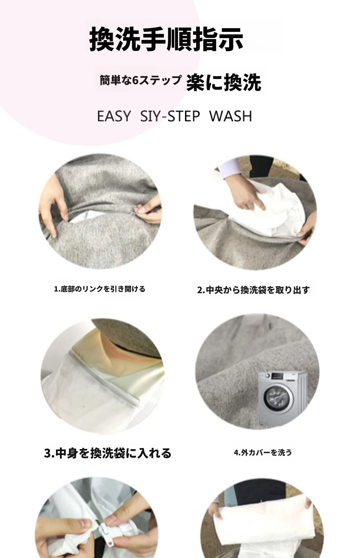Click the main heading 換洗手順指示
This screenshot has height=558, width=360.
[166, 39]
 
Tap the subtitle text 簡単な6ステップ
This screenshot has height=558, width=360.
[141, 80]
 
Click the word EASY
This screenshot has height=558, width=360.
[114, 116]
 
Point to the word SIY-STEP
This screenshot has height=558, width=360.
[170, 116]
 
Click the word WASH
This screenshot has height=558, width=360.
[231, 116]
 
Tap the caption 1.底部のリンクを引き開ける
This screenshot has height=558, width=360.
[100, 289]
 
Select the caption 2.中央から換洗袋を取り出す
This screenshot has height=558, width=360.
[254, 290]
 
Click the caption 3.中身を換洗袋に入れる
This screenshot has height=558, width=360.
[108, 453]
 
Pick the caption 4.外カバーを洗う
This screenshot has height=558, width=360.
[263, 453]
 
